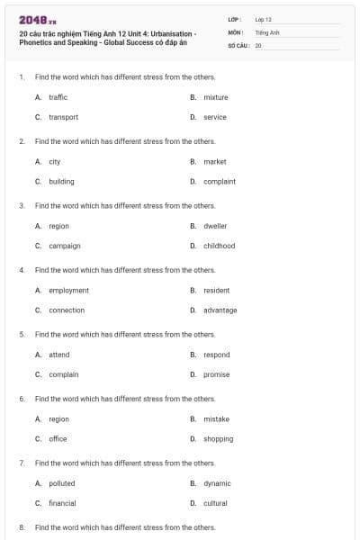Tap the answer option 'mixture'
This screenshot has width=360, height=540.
pyautogui.click(x=216, y=97)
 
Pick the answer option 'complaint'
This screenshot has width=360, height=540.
pyautogui.click(x=220, y=181)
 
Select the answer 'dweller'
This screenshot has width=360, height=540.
pyautogui.click(x=215, y=226)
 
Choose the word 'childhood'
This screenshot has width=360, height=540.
pyautogui.click(x=219, y=246)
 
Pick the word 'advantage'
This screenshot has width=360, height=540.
pyautogui.click(x=220, y=310)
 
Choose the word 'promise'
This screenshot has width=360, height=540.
pyautogui.click(x=216, y=374)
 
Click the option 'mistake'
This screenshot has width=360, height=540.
pyautogui.click(x=216, y=419)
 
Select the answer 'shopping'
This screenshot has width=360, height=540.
pyautogui.click(x=218, y=439)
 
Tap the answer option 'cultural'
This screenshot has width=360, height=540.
pyautogui.click(x=215, y=503)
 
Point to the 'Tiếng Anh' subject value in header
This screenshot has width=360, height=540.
pyautogui.click(x=267, y=31)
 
